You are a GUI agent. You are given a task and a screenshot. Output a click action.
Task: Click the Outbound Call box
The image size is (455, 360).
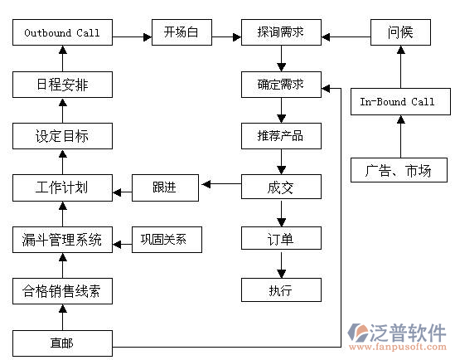click(x=62, y=32)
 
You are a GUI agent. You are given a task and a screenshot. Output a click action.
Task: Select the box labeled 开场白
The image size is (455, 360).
click(x=182, y=32)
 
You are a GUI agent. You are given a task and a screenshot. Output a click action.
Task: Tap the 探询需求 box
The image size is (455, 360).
click(x=281, y=32)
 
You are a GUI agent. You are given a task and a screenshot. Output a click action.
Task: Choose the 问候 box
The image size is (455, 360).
click(x=400, y=32)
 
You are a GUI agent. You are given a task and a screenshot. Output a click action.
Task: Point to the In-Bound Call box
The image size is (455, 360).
click(x=400, y=101)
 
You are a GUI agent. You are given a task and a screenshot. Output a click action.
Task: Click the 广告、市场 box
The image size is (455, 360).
click(x=399, y=170)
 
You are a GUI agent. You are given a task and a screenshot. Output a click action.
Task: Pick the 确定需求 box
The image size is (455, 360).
click(x=281, y=85)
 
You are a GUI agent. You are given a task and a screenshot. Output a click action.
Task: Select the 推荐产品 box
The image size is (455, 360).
click(x=281, y=136)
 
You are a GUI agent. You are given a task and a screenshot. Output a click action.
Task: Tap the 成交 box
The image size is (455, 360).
click(x=281, y=187)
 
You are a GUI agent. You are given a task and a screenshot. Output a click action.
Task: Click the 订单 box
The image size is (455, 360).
click(x=281, y=238)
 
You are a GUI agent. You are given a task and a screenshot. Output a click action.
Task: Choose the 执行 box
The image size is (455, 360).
click(x=281, y=289)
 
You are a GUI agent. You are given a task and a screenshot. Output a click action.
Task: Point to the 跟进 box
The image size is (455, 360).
click(x=165, y=187)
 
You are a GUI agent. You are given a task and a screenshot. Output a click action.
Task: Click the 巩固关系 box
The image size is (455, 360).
click(x=167, y=240)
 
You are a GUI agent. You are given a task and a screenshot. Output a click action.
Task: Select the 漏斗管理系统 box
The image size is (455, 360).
click(x=62, y=240)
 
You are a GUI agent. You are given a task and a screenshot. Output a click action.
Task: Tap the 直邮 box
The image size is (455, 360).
click(x=62, y=343)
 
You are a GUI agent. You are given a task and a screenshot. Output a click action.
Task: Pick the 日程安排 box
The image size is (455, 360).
click(x=62, y=85)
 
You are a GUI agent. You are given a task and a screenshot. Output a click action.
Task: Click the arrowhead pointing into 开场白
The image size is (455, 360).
click(x=148, y=36)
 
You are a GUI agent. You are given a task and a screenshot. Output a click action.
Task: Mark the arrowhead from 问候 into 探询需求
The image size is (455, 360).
click(x=326, y=36)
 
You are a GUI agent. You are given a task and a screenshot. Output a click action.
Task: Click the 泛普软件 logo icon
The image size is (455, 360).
click(x=357, y=333)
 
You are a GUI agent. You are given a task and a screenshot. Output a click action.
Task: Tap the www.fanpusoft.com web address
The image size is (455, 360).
click(x=398, y=347)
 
